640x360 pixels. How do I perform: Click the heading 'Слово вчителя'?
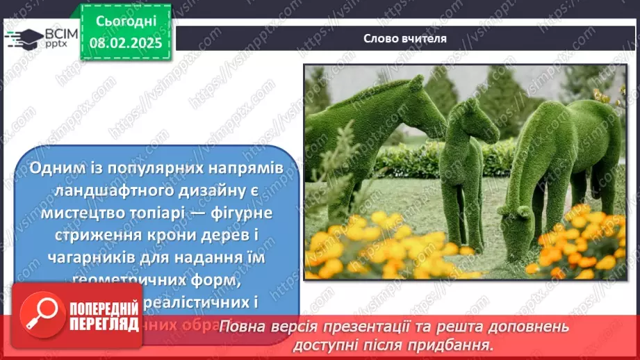point(404,38)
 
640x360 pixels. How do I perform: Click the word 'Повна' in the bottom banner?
point(245,327)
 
